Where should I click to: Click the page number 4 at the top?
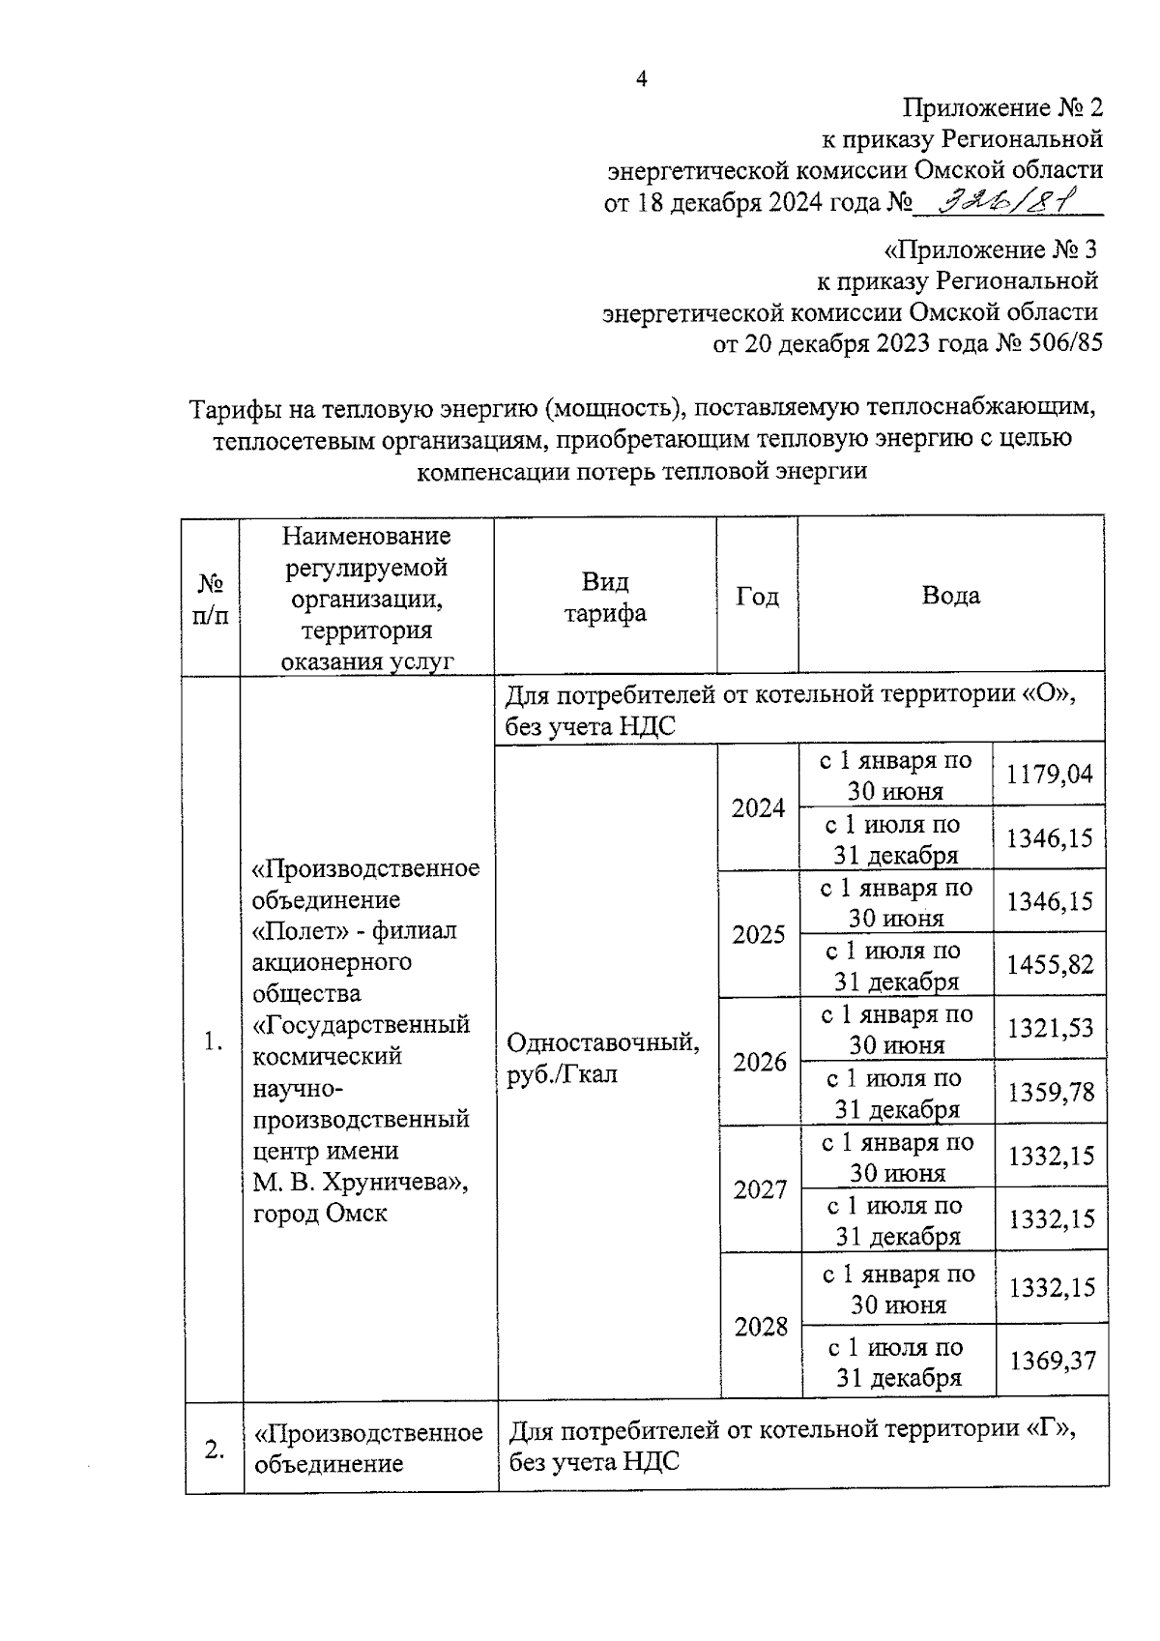[640, 80]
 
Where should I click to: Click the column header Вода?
[950, 596]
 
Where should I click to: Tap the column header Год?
[757, 597]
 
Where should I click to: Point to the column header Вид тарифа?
[605, 597]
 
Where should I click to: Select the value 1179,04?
[1049, 774]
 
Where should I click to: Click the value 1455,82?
[1050, 964]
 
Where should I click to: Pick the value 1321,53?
[1051, 1028]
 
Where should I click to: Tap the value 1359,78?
[1051, 1092]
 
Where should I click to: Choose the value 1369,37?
[1053, 1361]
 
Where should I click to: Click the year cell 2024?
[758, 808]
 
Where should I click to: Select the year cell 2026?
[760, 1063]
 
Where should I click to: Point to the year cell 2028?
[761, 1327]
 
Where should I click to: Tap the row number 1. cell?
[214, 1041]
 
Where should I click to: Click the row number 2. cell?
[215, 1449]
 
